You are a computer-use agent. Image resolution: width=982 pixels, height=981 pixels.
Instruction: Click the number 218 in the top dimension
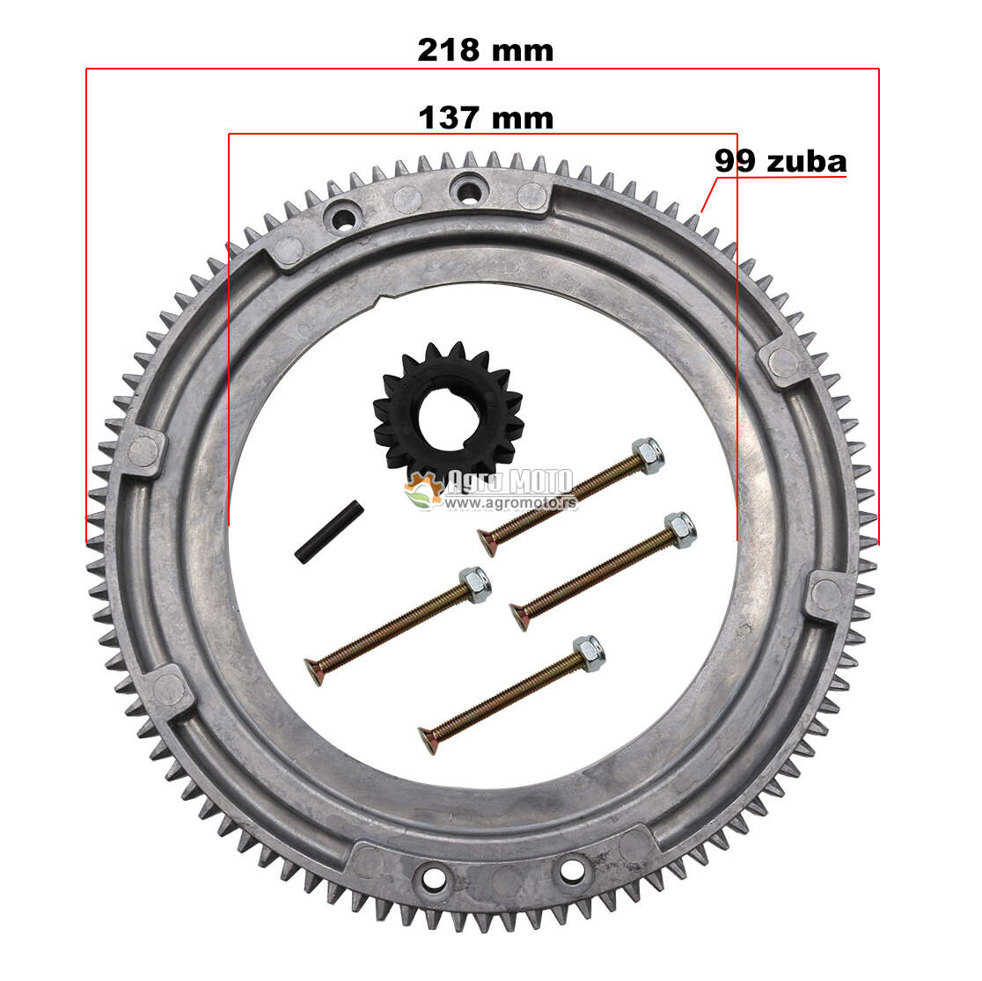(x=449, y=50)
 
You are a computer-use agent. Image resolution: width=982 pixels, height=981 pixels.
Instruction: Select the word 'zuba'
(x=807, y=162)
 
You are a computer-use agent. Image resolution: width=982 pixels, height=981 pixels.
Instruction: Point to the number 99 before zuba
(x=736, y=161)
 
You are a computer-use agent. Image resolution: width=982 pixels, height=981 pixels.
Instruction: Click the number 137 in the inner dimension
(x=449, y=118)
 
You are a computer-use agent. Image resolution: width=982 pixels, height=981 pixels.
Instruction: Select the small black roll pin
(x=329, y=531)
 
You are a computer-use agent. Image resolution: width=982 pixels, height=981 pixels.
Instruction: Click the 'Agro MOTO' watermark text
(x=509, y=481)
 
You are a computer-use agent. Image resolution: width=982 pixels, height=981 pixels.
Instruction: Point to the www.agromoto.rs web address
(x=509, y=502)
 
